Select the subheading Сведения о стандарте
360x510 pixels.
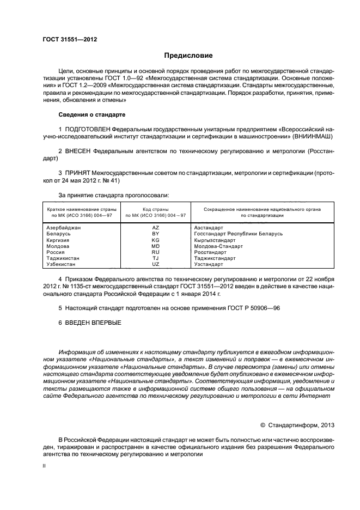pyautogui.click(x=91, y=116)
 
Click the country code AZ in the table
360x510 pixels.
pyautogui.click(x=155, y=227)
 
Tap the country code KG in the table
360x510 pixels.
pyautogui.click(x=155, y=240)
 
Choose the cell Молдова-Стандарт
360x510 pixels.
pyautogui.click(x=218, y=246)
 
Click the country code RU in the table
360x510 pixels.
pyautogui.click(x=155, y=252)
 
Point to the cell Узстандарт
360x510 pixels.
pyautogui.click(x=209, y=264)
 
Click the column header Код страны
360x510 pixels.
pyautogui.click(x=155, y=209)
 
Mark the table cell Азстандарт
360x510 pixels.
pyautogui.click(x=209, y=227)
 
